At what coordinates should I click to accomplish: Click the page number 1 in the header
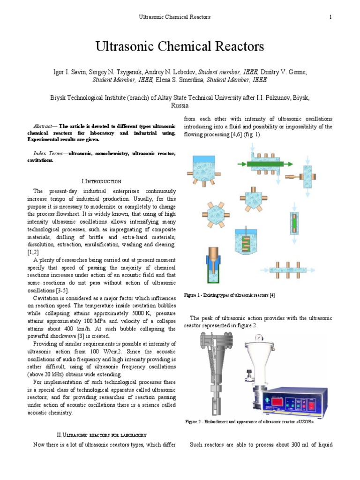point(330,17)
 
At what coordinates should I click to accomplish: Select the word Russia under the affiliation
point(180,106)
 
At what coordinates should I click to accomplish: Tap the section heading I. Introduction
point(102,181)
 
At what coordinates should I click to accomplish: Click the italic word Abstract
point(44,127)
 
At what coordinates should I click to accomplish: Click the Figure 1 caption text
point(229,295)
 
